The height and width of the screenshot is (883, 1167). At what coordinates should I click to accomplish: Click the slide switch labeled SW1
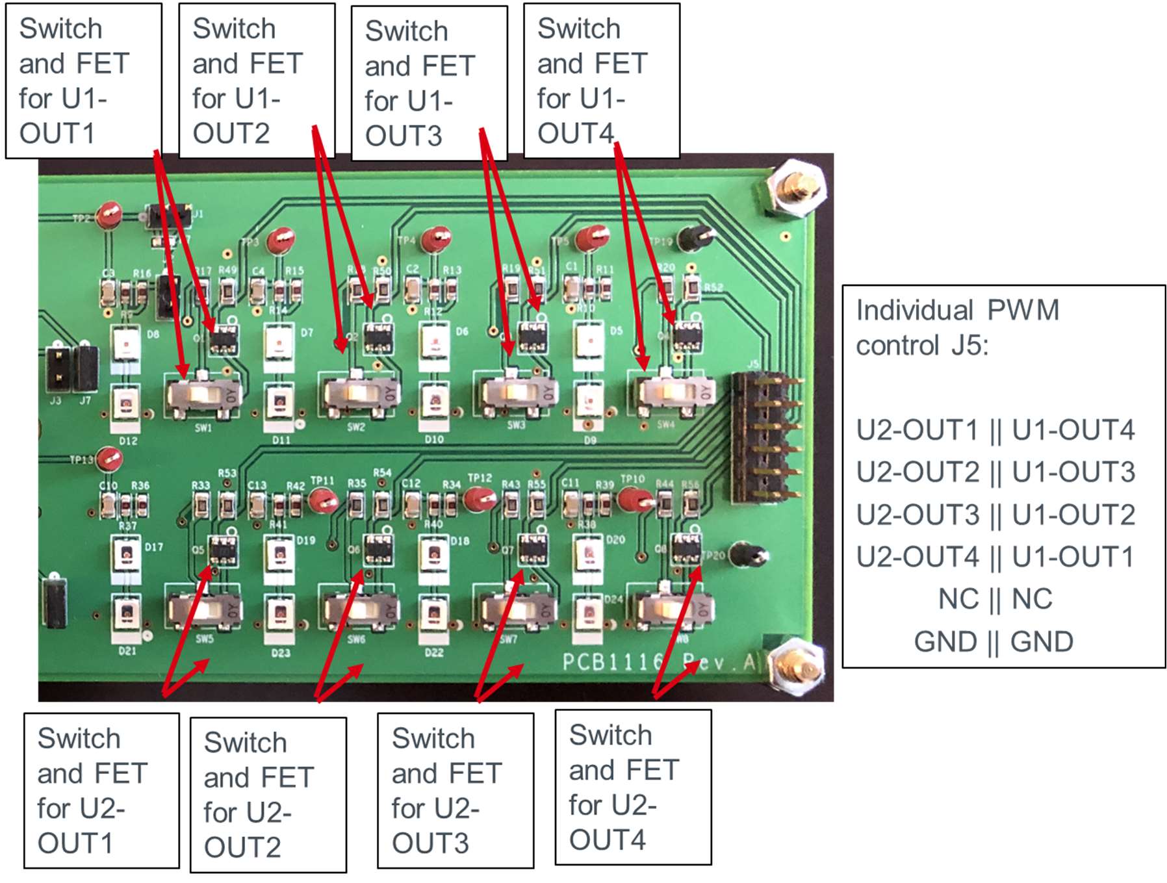tap(203, 394)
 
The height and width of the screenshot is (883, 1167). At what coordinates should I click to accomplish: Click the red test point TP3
tap(281, 239)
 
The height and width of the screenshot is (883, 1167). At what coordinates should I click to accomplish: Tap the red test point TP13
tap(109, 459)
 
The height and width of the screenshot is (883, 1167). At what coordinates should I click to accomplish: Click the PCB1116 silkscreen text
tap(611, 662)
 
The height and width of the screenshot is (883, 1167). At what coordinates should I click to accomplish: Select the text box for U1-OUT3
tap(429, 83)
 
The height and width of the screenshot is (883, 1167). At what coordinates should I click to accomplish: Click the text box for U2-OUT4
tap(633, 787)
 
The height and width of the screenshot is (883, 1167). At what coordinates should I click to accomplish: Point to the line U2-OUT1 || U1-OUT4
tap(995, 430)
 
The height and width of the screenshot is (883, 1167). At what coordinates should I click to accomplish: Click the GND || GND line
tap(994, 642)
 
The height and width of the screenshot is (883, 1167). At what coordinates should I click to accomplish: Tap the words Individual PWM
tap(957, 311)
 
